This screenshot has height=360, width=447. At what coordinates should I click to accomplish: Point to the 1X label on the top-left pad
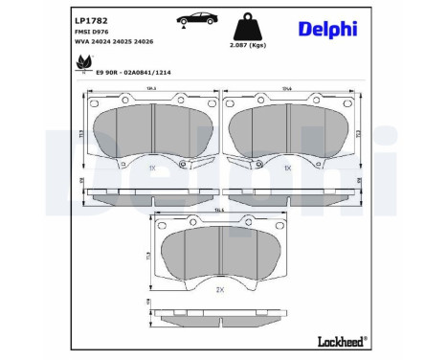152,168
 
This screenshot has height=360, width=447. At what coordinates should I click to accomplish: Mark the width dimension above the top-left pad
151,89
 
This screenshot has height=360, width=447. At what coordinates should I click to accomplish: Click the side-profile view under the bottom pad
220,313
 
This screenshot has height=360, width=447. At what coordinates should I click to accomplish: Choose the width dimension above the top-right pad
287,89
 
